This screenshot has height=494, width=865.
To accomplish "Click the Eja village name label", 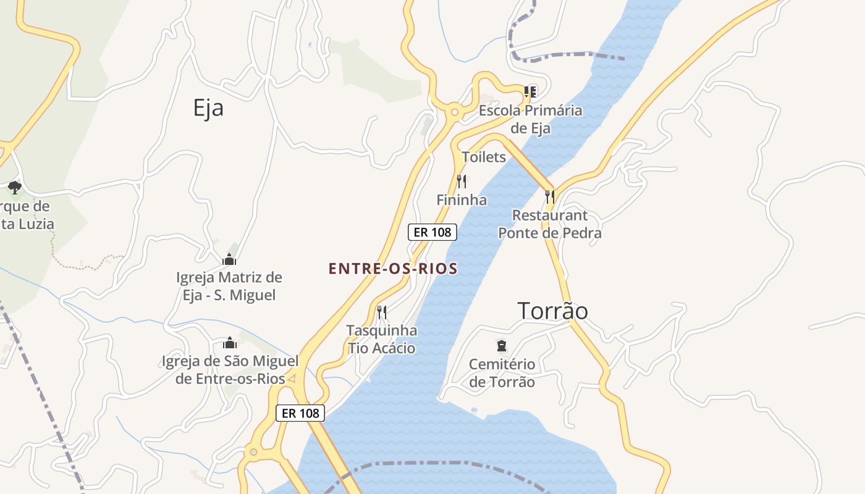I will click(x=208, y=108).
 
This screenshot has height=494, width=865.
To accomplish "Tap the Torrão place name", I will click(x=552, y=311).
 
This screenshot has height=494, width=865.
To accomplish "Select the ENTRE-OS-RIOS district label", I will click(x=393, y=269).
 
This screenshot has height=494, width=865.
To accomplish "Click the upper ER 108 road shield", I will click(x=432, y=232).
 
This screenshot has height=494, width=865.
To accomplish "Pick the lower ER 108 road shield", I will click(x=300, y=413).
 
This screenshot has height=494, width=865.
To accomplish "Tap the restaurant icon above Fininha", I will click(x=461, y=181).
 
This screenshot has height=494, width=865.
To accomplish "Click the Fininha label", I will click(x=462, y=200).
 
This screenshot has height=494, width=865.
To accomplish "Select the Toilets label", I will click(x=484, y=157).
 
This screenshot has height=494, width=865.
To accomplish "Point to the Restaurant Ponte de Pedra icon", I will click(x=550, y=196).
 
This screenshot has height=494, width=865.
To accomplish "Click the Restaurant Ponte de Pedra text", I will click(x=550, y=224).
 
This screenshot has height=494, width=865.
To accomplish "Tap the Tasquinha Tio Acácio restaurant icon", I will click(x=382, y=312).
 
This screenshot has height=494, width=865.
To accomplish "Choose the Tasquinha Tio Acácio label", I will click(x=381, y=340).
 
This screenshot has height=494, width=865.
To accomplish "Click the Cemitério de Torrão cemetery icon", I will click(x=501, y=346).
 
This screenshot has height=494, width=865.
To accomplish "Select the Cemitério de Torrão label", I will click(x=502, y=373).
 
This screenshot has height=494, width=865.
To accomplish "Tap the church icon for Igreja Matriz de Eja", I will click(x=229, y=259).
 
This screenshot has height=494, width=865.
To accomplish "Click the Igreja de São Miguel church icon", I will click(x=230, y=343).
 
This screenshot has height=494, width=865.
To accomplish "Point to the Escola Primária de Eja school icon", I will click(x=530, y=92).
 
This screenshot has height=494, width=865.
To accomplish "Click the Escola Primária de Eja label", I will click(x=531, y=119).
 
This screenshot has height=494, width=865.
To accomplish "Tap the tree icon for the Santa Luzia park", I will click(x=15, y=187).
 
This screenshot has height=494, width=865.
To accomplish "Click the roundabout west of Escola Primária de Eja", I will click(x=455, y=112).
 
